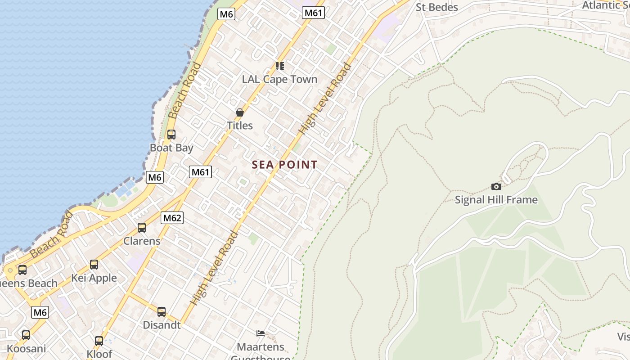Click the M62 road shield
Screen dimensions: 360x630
(x=172, y=218)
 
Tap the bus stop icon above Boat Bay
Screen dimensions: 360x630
(x=171, y=134)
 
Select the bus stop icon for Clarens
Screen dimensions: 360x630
(x=142, y=228)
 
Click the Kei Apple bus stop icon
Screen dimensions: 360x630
(x=94, y=265)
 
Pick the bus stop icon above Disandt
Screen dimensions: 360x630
(x=162, y=311)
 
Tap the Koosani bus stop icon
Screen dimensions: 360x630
(x=26, y=335)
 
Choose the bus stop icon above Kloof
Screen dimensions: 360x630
(x=99, y=341)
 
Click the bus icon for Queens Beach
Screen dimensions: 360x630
(x=22, y=270)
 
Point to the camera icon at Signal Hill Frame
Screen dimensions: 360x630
(x=496, y=186)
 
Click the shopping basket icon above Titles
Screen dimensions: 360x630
(x=240, y=112)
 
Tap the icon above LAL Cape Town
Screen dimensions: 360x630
(x=280, y=66)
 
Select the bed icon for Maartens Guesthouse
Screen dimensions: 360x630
(x=261, y=333)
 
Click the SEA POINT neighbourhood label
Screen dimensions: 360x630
(x=285, y=165)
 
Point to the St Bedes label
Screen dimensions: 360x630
(x=436, y=7)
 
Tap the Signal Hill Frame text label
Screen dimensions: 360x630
(x=496, y=200)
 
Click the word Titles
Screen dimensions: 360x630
(x=240, y=126)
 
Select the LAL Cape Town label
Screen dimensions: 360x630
(x=280, y=79)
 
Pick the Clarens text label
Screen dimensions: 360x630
(x=142, y=241)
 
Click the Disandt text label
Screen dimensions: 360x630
(x=162, y=325)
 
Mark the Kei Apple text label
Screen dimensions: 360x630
(x=94, y=278)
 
